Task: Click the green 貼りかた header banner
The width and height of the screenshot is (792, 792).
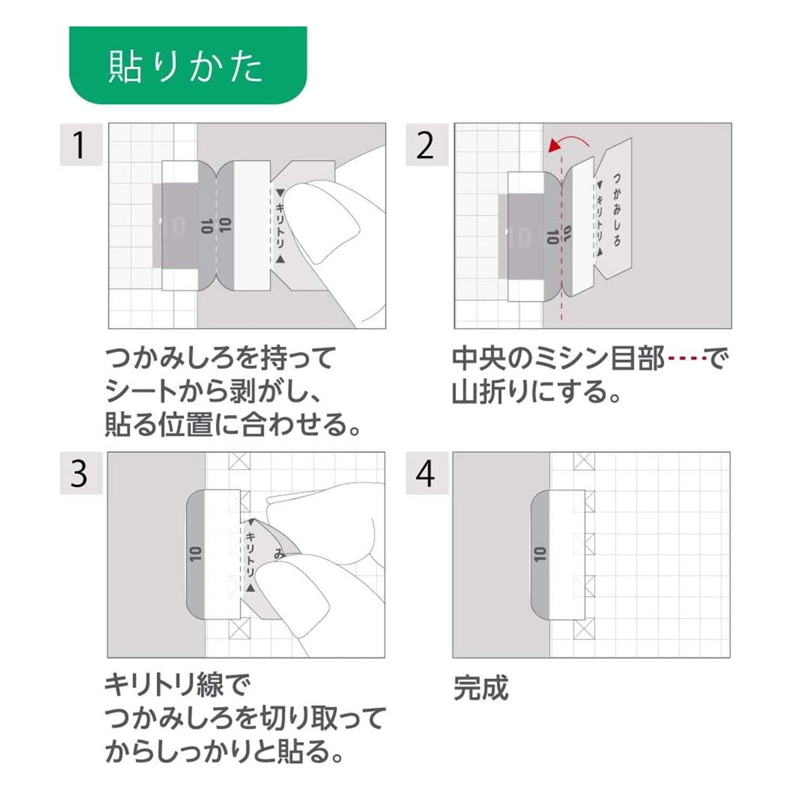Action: tap(188, 65)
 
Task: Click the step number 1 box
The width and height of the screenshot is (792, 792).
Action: tap(81, 144)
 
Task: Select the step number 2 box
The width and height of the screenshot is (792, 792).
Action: tap(427, 144)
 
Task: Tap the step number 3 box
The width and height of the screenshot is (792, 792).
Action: tap(81, 473)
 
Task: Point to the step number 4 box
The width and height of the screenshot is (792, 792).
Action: tap(427, 473)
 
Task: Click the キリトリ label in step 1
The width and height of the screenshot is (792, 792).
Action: tap(280, 226)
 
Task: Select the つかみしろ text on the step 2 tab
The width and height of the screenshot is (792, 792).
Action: tap(617, 210)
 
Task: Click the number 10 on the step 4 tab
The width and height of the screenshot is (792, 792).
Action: tap(540, 554)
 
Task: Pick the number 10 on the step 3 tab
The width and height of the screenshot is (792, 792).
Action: tap(195, 554)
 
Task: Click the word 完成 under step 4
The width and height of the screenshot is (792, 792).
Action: tap(481, 687)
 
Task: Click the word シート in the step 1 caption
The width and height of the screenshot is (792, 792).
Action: tap(140, 392)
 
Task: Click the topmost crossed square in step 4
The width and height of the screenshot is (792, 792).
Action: tap(584, 461)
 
